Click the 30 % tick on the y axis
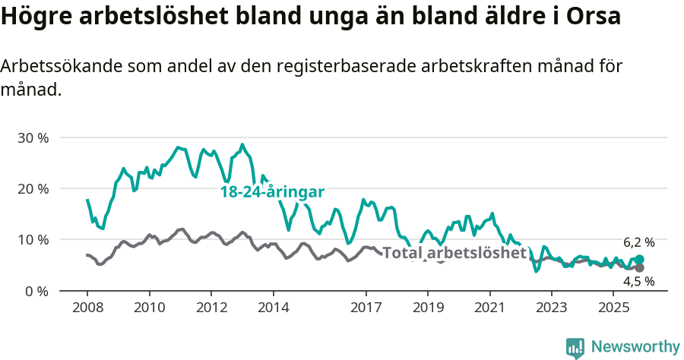[32, 138]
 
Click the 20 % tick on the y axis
[32, 189]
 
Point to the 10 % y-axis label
[32, 240]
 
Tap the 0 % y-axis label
[36, 291]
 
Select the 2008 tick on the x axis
[87, 308]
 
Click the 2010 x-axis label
[149, 308]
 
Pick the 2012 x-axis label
[211, 308]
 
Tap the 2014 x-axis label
[273, 308]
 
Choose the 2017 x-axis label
[366, 308]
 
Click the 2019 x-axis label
[427, 308]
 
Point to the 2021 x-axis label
[489, 308]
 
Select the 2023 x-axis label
[551, 308]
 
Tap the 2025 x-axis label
[613, 308]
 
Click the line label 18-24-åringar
[272, 192]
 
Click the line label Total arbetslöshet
[454, 253]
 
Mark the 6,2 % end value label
[638, 243]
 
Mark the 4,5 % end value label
[638, 281]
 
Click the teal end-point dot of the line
[639, 259]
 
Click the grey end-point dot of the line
[639, 267]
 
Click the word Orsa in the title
[594, 16]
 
